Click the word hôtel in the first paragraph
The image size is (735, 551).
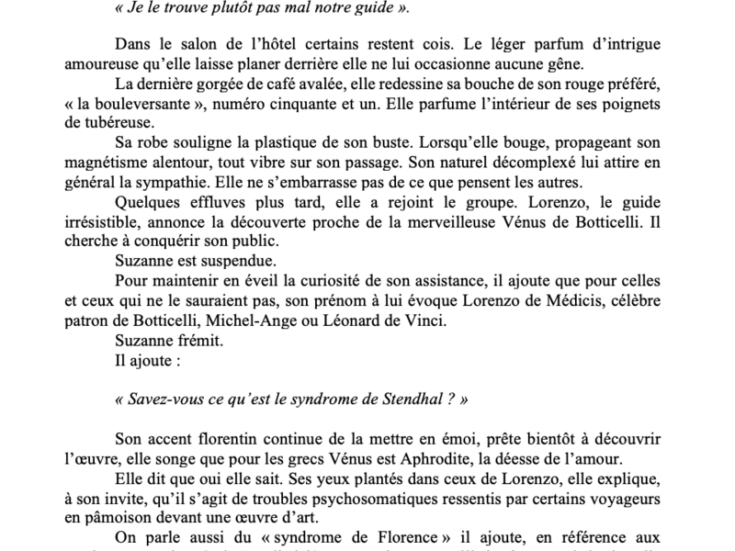pyautogui.click(x=280, y=43)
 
